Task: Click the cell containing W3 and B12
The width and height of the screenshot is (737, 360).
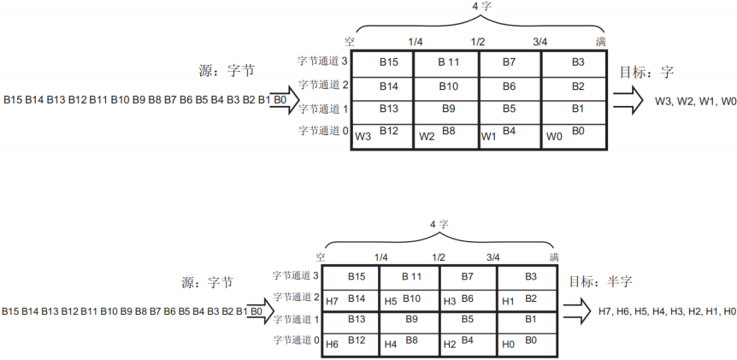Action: pos(382,135)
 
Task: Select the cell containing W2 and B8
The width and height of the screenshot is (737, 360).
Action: pos(446,135)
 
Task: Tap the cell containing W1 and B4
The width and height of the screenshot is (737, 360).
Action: pos(510,135)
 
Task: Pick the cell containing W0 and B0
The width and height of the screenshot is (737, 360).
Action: pos(575,135)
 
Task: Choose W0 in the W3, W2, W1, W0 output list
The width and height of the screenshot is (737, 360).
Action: pos(728,102)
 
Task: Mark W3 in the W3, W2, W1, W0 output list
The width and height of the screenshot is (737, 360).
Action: pos(663,102)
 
